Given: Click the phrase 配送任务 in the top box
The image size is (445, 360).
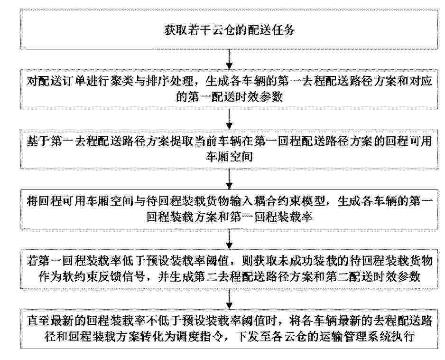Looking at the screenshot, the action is pyautogui.click(x=271, y=30).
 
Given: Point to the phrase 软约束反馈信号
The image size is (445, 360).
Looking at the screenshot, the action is pyautogui.click(x=103, y=277).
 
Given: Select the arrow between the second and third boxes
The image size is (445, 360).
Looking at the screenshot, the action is pyautogui.click(x=230, y=119).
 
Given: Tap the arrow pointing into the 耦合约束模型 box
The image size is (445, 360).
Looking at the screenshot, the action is pyautogui.click(x=230, y=179).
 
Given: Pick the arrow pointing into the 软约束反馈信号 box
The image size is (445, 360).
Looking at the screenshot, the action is pyautogui.click(x=230, y=239).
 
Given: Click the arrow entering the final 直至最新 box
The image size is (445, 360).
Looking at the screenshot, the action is pyautogui.click(x=230, y=299).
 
